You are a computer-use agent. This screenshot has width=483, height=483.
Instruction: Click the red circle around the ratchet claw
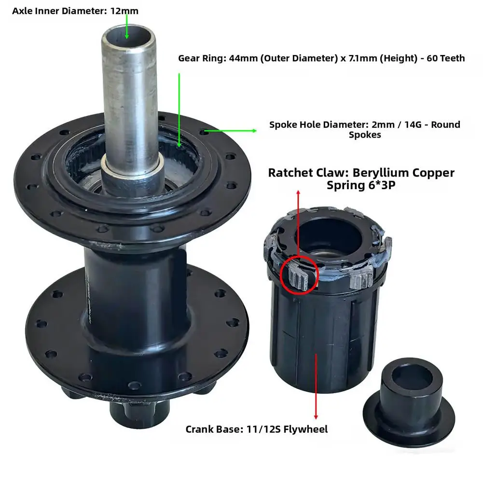pyautogui.click(x=299, y=274)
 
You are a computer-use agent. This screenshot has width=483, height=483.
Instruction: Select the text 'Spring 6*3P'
pyautogui.click(x=361, y=184)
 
